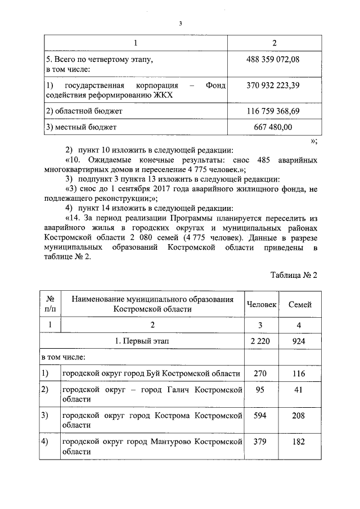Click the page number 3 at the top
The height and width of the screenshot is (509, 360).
coord(180,23)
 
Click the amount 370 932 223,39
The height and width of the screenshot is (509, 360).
coord(273,85)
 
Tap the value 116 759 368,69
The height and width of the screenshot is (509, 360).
coord(273,112)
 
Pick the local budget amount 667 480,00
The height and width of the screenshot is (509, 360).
coord(273,128)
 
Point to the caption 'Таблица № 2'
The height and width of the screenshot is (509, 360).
coord(294,275)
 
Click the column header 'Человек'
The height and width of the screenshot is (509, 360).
coord(262,304)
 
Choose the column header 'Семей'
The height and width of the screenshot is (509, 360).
coord(300,304)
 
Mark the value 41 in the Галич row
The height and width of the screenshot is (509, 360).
coord(299,390)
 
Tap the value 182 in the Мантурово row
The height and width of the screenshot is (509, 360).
coord(299,442)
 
